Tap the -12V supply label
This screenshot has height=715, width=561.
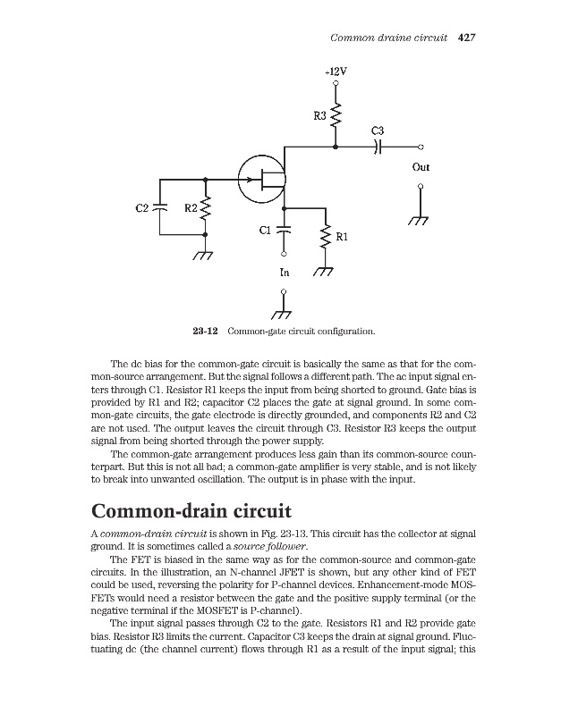tap(336, 71)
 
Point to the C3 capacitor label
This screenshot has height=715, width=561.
tap(378, 131)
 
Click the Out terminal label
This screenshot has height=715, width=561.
tap(421, 167)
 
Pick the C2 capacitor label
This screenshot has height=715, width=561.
tap(142, 208)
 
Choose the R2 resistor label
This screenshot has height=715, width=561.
tap(190, 208)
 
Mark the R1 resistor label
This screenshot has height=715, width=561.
tap(341, 237)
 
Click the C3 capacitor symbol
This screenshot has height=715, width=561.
tap(379, 147)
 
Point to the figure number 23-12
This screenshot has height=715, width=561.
tap(206, 332)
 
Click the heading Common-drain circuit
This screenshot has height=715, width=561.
tap(192, 514)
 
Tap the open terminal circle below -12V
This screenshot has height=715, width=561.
tap(336, 85)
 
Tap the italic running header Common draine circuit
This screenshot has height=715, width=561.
tap(389, 38)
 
